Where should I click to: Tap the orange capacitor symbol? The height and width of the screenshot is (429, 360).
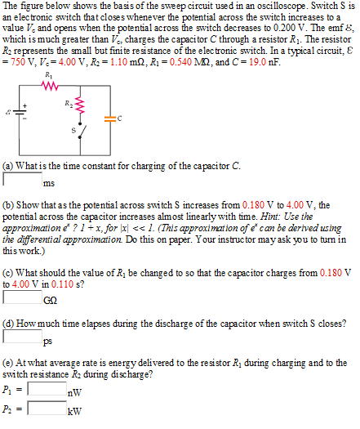(112, 118)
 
